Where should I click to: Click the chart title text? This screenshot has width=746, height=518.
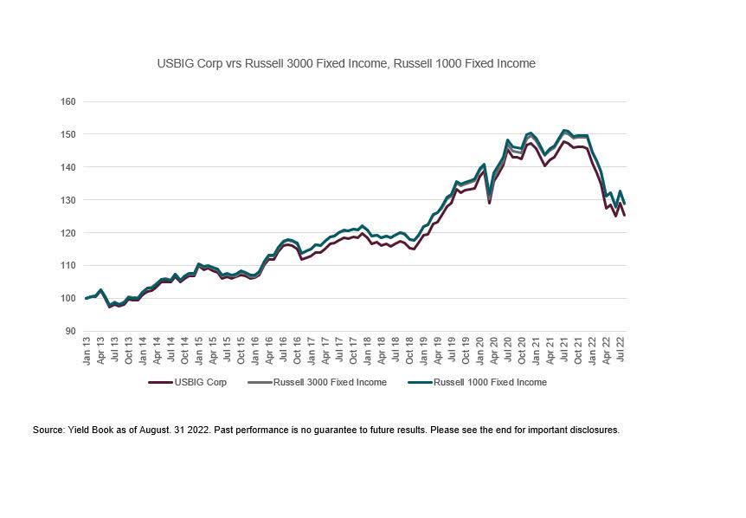pyautogui.click(x=346, y=63)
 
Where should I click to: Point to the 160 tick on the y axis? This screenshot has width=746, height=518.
pyautogui.click(x=68, y=101)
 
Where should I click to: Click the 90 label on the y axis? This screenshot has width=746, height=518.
pyautogui.click(x=70, y=331)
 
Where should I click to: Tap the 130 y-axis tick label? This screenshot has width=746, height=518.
pyautogui.click(x=68, y=200)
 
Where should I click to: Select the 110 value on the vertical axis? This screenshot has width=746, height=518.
pyautogui.click(x=68, y=266)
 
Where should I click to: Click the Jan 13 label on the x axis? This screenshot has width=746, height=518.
pyautogui.click(x=87, y=352)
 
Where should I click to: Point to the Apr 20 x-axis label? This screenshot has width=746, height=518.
pyautogui.click(x=492, y=352)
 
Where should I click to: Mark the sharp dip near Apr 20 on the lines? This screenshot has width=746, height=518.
pyautogui.click(x=490, y=202)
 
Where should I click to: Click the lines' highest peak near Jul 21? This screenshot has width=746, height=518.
pyautogui.click(x=564, y=132)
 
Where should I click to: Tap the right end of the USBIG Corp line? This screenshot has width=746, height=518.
pyautogui.click(x=624, y=216)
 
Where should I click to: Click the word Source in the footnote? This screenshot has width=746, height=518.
pyautogui.click(x=48, y=430)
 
